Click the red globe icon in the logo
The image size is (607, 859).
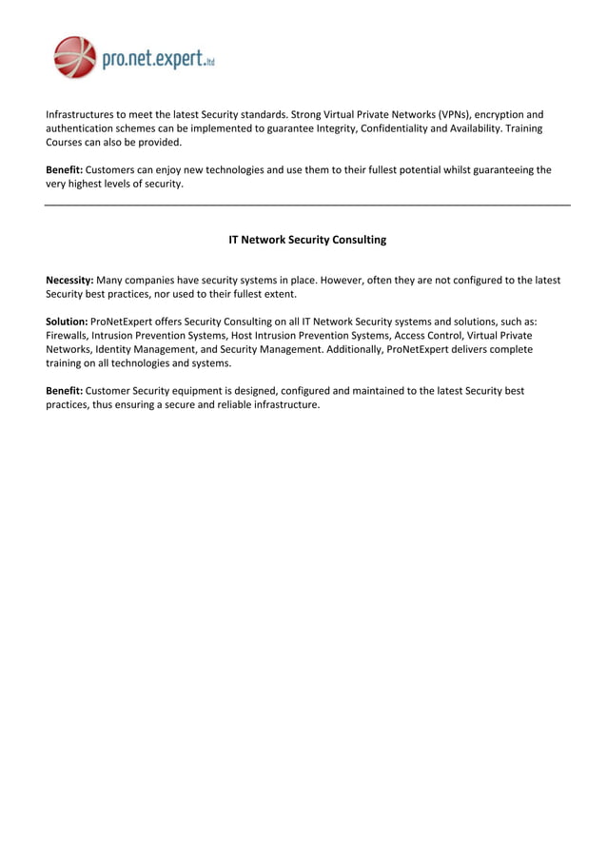click(75, 57)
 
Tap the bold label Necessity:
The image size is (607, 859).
click(69, 281)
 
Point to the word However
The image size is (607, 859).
click(364, 281)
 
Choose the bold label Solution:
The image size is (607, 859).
click(67, 322)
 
